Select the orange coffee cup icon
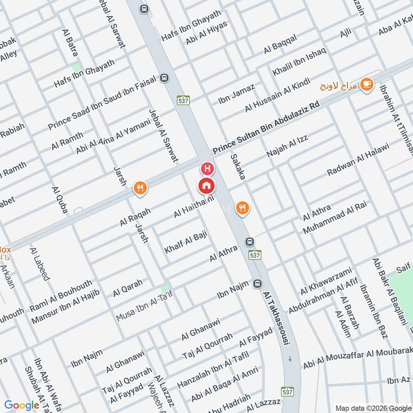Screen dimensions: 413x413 pyautogui.click(x=367, y=84)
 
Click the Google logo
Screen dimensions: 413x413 pyautogui.click(x=22, y=405)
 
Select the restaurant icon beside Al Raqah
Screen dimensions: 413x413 pyautogui.click(x=140, y=188)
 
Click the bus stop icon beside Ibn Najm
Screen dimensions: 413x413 pyautogui.click(x=258, y=283)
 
